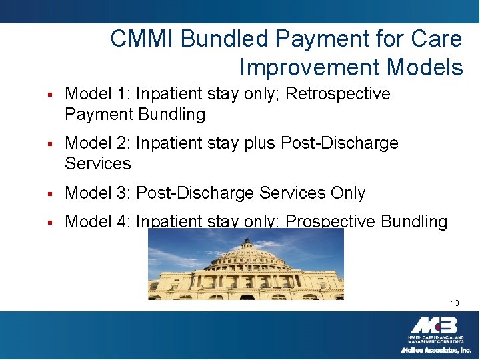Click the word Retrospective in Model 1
(338, 94)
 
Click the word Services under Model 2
(98, 163)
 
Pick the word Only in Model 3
(348, 193)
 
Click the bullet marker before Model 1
(51, 95)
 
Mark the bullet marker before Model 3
(51, 194)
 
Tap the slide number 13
(455, 303)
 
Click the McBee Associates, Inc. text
(435, 350)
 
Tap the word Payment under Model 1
(98, 115)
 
